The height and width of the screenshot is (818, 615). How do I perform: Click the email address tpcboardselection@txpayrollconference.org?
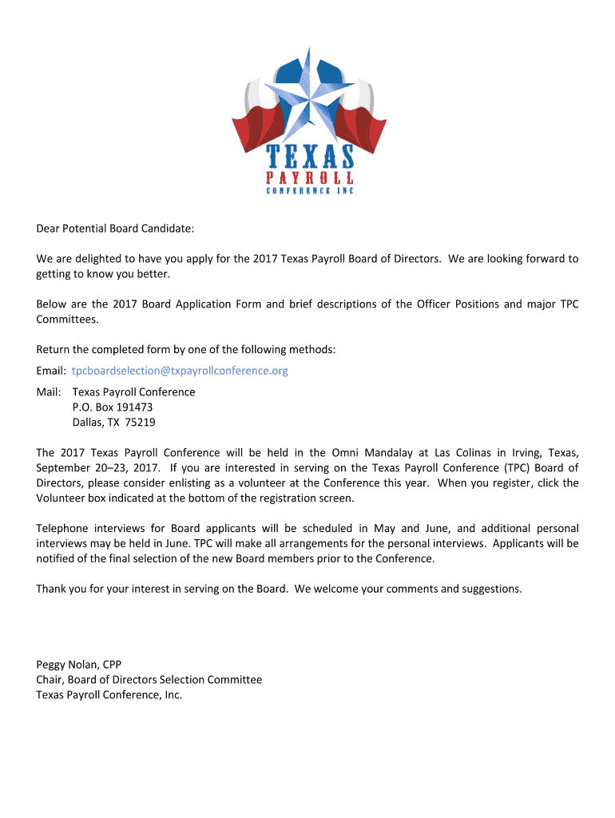click(180, 371)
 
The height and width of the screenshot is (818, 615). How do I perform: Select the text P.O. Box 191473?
click(112, 407)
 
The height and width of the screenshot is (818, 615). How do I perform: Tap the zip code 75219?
click(139, 423)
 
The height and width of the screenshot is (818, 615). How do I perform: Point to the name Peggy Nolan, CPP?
click(78, 665)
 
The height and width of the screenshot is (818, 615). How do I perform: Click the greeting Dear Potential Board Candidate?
click(115, 229)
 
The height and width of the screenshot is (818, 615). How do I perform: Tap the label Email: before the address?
click(51, 371)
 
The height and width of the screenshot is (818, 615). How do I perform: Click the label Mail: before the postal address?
click(50, 392)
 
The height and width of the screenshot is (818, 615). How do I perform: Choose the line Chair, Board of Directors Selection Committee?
click(149, 680)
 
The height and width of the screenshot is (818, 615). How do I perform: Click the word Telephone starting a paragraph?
click(62, 529)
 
